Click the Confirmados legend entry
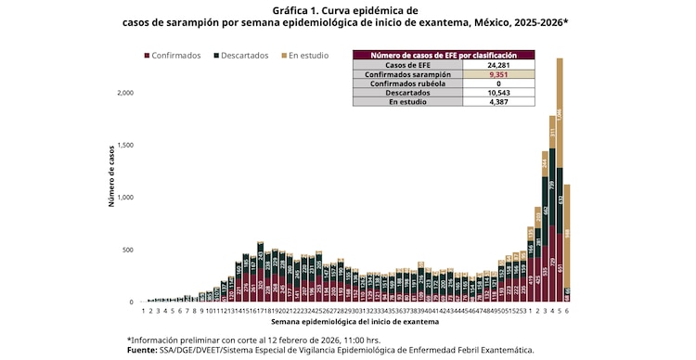175,56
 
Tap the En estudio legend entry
307,56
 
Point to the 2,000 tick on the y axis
124,93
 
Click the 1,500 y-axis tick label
124,146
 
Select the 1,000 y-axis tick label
124,198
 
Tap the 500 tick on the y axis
129,251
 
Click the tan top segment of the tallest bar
560,111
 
